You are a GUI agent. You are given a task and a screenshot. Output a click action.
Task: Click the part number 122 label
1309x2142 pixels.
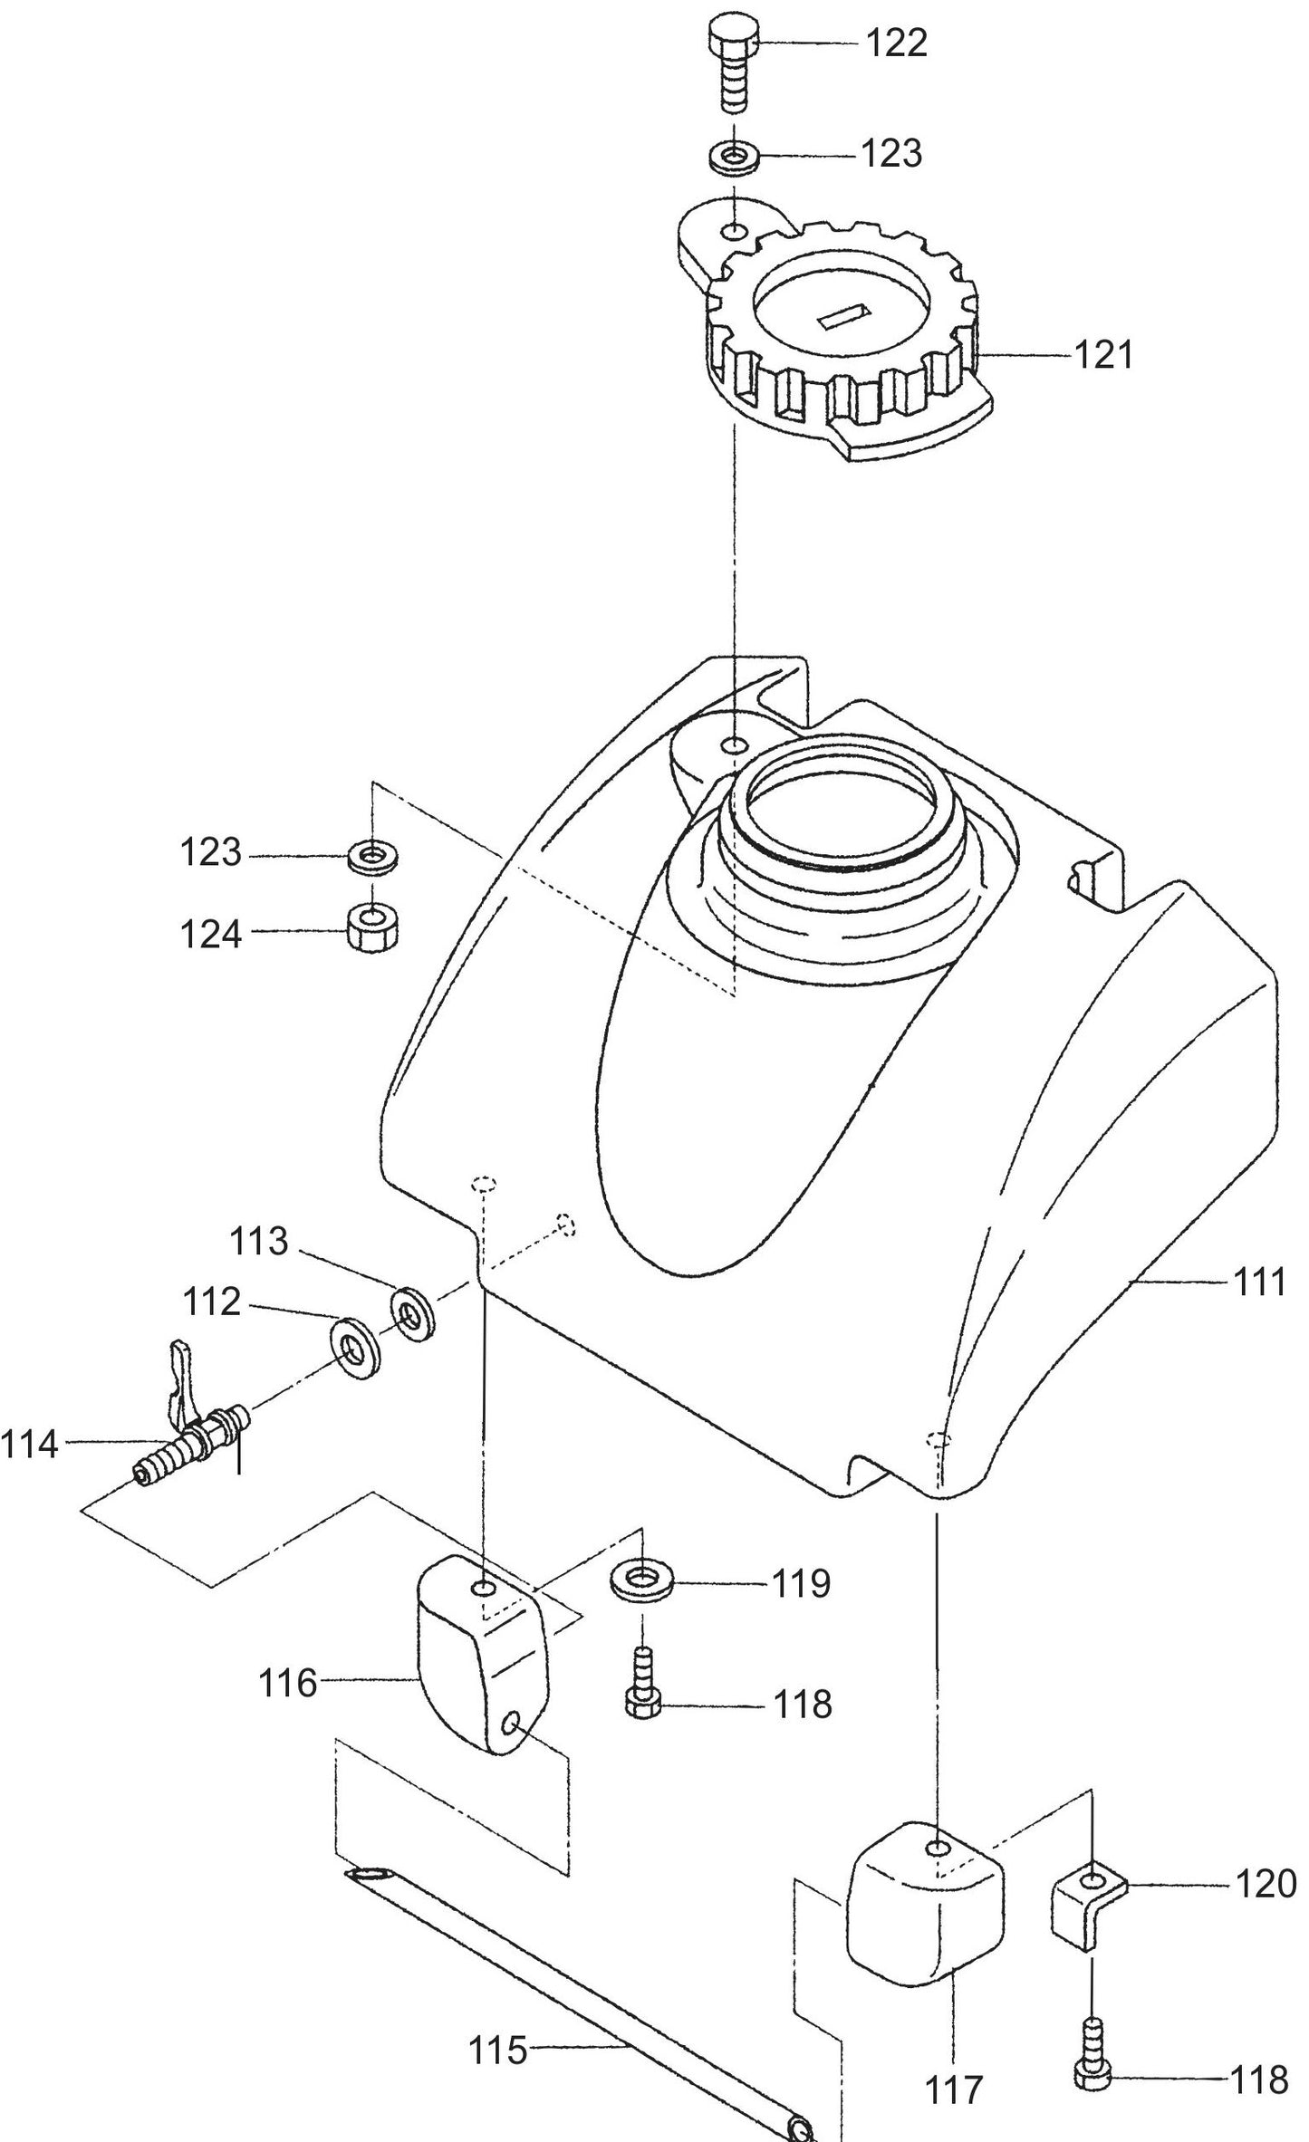897,44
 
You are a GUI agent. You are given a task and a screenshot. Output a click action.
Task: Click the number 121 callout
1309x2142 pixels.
1104,356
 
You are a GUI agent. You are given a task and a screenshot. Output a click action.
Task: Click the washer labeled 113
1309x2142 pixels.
413,1313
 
